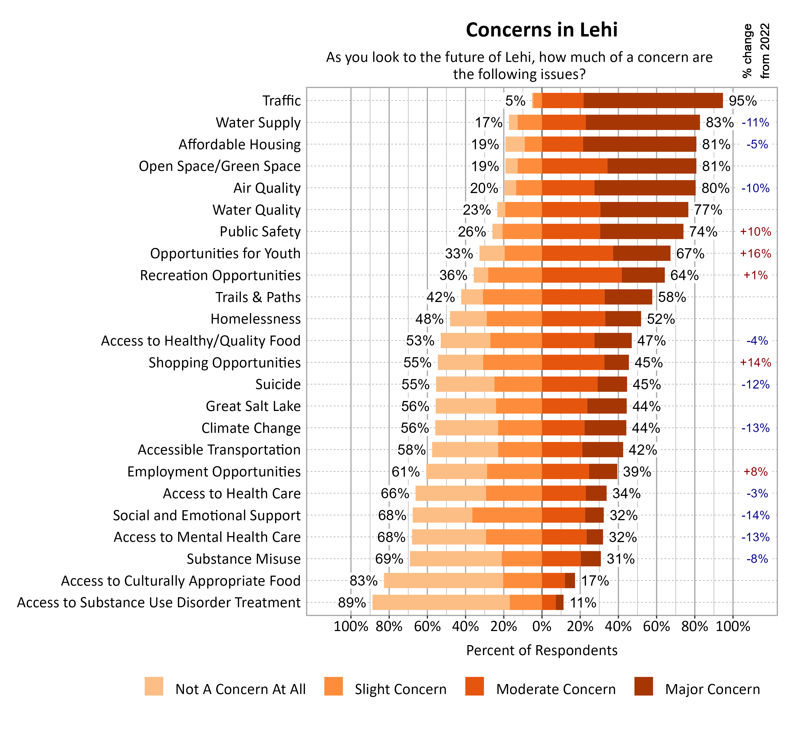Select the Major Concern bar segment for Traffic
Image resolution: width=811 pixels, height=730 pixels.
[653, 101]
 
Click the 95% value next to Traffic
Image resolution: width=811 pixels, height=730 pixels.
[742, 101]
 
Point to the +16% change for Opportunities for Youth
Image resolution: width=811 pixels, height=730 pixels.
[755, 254]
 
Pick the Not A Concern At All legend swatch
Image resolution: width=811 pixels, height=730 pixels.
[154, 686]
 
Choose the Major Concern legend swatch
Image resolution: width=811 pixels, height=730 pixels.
[643, 686]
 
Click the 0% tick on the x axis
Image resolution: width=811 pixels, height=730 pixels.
[541, 626]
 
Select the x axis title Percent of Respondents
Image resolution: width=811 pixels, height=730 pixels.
[541, 650]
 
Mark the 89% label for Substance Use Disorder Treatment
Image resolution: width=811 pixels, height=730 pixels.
[352, 602]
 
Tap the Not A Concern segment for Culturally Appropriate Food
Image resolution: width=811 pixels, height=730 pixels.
[443, 581]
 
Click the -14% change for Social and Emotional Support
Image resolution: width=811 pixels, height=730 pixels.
[755, 515]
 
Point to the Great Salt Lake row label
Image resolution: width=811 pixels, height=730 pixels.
[253, 406]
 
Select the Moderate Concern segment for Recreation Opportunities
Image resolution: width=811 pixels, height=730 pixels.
[581, 275]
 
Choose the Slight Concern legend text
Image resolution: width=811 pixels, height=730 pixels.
[400, 689]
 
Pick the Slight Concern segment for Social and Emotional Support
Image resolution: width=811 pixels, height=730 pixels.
[507, 515]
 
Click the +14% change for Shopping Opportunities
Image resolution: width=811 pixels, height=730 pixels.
[755, 363]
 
